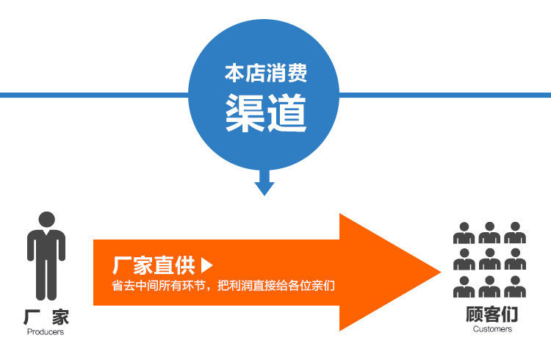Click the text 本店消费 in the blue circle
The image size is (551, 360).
(265, 74)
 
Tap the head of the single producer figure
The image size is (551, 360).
(46, 220)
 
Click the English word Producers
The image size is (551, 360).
(46, 332)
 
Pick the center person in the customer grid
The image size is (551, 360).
(489, 259)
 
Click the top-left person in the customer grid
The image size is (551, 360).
(464, 233)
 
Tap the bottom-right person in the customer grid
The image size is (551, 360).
(515, 286)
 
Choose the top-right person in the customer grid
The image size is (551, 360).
(515, 233)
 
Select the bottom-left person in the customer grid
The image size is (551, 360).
(464, 286)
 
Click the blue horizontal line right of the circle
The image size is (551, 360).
(448, 95)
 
